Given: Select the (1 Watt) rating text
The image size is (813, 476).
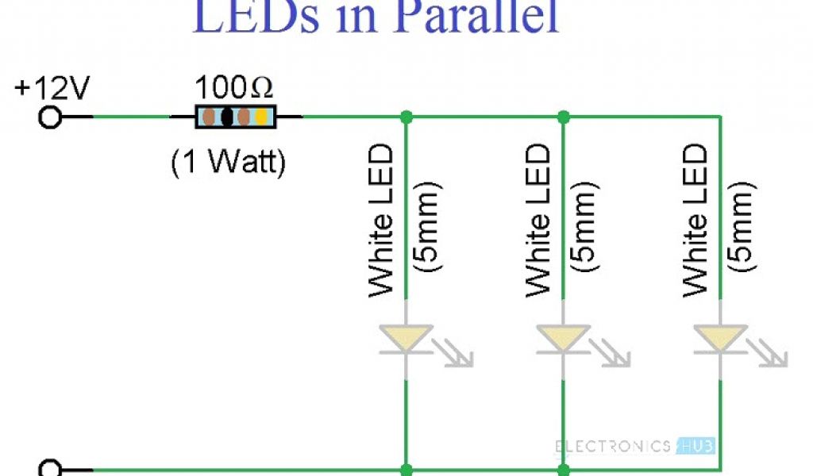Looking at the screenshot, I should (227, 163).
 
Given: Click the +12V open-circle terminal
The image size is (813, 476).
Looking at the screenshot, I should (49, 117).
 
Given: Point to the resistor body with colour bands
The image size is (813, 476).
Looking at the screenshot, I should (236, 117).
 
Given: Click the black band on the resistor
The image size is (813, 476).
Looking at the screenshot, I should (227, 117).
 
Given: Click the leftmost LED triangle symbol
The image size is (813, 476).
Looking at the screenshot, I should (406, 337).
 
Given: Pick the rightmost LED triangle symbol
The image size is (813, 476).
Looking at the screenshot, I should (719, 337).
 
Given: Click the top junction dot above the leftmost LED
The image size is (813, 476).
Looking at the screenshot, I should (406, 117).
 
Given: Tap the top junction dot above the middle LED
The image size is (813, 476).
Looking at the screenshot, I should (563, 117).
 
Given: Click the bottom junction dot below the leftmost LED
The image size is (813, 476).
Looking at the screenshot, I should (406, 469).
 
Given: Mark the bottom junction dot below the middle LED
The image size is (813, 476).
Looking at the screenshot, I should (563, 469).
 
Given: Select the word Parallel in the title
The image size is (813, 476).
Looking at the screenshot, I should (468, 17).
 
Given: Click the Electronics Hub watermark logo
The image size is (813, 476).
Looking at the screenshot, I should (635, 446).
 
